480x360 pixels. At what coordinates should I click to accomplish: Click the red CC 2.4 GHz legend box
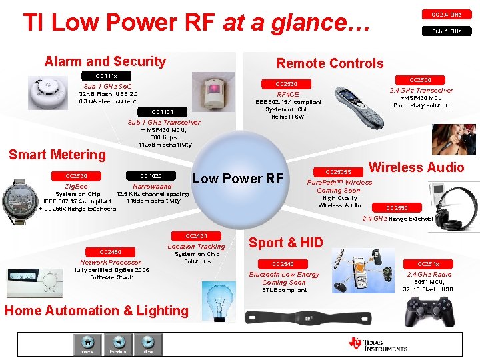coord(446,14)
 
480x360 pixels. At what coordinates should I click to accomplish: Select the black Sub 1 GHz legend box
coord(446,31)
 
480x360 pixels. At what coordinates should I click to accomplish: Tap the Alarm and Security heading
coord(105,61)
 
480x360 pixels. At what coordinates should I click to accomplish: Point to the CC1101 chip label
coord(162,111)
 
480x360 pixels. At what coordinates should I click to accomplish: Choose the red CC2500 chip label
coord(419,79)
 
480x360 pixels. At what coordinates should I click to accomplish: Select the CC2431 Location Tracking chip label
coord(196,235)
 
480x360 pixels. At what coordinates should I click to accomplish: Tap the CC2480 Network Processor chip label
coord(110,251)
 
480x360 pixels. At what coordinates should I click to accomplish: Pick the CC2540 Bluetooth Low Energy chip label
coord(283,263)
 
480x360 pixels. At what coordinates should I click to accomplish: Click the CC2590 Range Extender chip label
coord(397,207)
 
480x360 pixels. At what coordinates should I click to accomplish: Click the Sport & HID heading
coord(285,243)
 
